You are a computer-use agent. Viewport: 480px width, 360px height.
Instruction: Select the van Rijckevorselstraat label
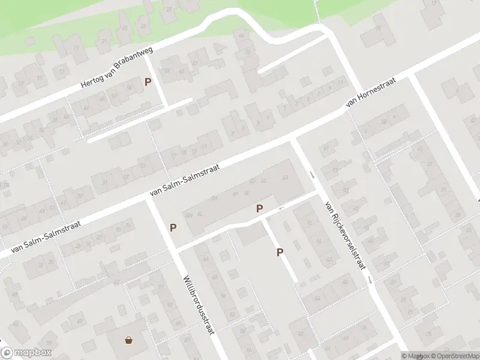[344, 235]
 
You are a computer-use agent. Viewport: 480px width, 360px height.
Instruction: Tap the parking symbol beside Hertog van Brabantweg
[148, 82]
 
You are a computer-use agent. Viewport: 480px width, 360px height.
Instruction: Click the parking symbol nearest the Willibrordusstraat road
[173, 227]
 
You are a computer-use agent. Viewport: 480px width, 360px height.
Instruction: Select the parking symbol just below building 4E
[259, 209]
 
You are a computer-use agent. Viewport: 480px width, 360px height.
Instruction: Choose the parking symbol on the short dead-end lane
[280, 253]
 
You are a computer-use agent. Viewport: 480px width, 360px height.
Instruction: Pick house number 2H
[214, 197]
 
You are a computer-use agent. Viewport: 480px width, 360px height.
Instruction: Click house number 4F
[236, 194]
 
